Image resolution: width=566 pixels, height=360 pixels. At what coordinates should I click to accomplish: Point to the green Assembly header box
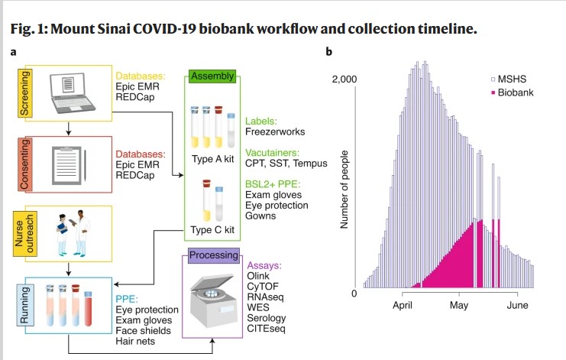tap(212, 76)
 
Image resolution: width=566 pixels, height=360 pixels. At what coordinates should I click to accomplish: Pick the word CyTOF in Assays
tap(264, 287)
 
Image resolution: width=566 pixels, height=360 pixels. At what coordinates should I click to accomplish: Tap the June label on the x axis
tap(517, 304)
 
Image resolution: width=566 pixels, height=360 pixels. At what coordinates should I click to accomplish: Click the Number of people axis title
tap(344, 188)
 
